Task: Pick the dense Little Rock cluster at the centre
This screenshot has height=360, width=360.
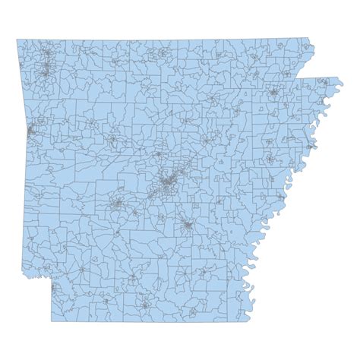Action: tap(168, 182)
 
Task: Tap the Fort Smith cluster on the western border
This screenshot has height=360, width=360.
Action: tap(30, 133)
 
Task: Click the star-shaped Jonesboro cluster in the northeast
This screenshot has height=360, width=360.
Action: tap(272, 94)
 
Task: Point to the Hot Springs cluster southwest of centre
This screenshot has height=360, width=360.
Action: tap(118, 204)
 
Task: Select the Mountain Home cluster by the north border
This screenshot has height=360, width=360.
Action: tap(163, 54)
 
